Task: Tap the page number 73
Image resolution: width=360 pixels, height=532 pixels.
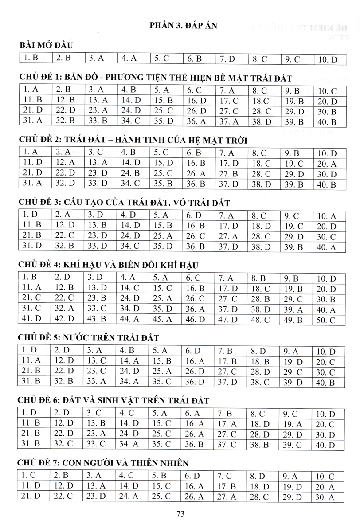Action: pos(180,514)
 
